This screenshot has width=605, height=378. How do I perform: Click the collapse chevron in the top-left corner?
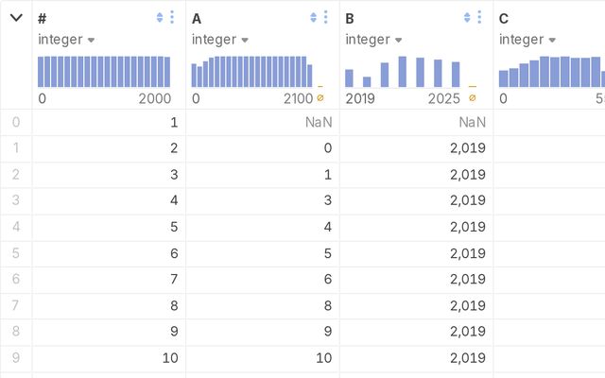click(x=16, y=18)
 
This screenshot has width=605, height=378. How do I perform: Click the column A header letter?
click(x=197, y=19)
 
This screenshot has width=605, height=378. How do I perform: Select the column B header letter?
click(x=350, y=19)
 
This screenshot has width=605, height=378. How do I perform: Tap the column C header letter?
click(x=504, y=19)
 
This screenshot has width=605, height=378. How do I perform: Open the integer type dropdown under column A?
click(x=220, y=40)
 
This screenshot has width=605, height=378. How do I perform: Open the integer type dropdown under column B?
click(x=373, y=40)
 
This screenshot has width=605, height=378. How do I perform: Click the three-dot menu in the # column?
click(x=172, y=17)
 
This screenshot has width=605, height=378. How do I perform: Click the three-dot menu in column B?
click(x=479, y=17)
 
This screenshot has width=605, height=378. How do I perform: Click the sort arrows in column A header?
click(x=313, y=17)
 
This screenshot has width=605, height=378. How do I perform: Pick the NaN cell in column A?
click(x=319, y=122)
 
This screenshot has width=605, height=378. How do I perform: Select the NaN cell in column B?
click(x=472, y=122)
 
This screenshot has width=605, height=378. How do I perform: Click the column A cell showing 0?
click(x=328, y=148)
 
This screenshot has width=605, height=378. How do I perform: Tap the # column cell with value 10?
click(x=170, y=358)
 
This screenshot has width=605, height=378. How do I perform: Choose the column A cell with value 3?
click(x=328, y=200)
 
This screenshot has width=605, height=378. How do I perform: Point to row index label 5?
click(x=16, y=253)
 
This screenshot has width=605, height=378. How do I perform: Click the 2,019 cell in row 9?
click(x=468, y=358)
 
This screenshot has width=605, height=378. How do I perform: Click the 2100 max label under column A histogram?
click(x=298, y=98)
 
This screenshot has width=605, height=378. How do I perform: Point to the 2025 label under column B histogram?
click(x=443, y=98)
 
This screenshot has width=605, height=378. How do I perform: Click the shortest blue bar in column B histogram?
click(x=367, y=82)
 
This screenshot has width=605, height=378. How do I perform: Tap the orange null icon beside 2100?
click(x=320, y=98)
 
